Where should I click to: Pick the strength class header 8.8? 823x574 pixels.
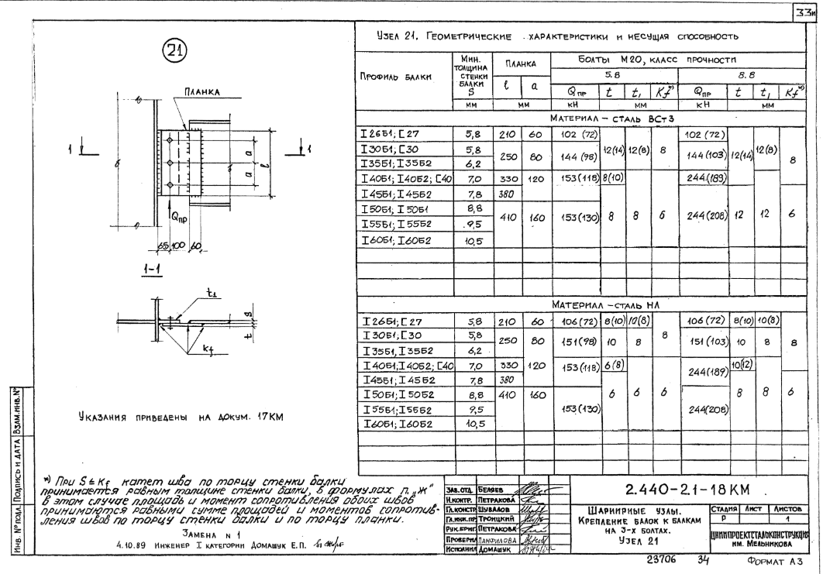tap(736, 76)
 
